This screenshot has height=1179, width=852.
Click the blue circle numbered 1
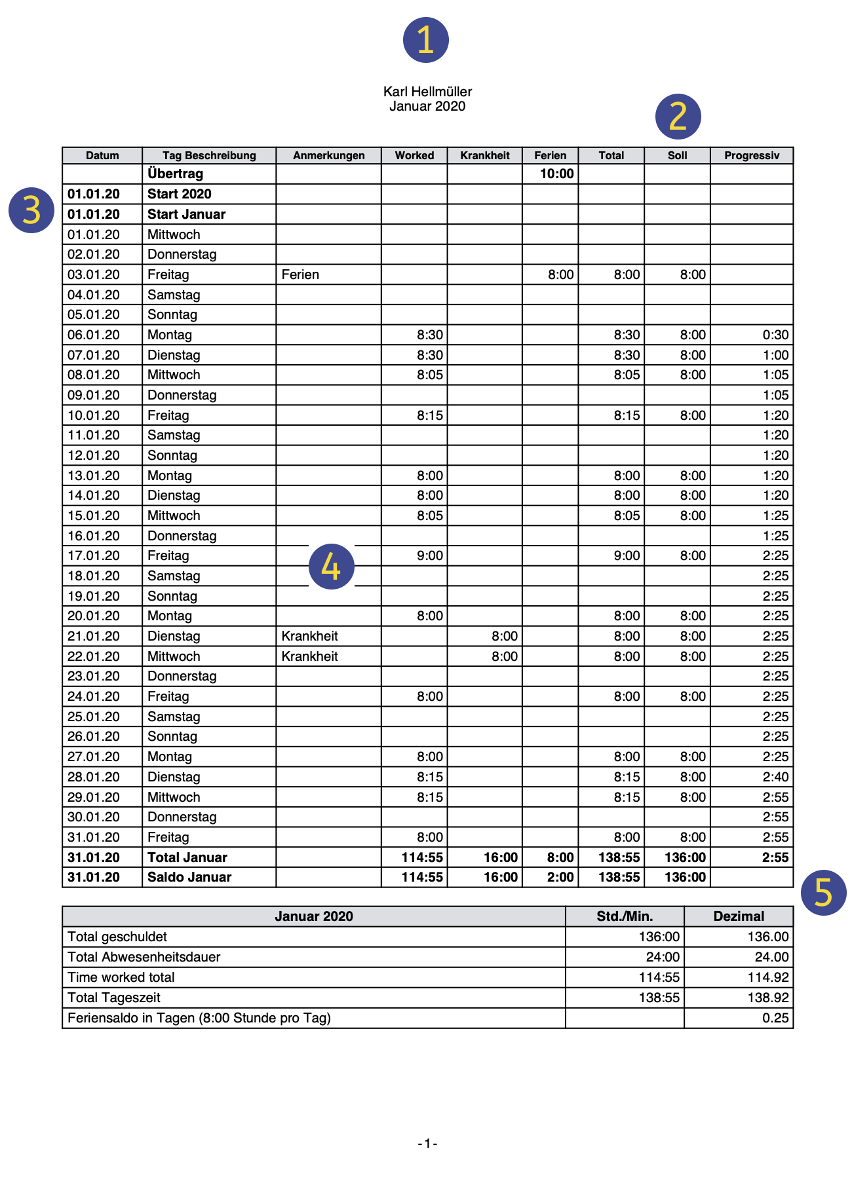(425, 40)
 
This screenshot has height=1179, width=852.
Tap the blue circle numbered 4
(331, 567)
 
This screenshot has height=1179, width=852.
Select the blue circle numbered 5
(823, 892)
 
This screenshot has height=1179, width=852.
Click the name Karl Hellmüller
(427, 92)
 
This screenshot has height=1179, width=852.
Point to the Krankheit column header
(484, 155)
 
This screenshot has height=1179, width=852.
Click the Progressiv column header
(752, 155)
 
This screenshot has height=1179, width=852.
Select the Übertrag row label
(175, 174)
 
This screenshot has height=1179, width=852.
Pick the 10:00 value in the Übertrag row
(556, 174)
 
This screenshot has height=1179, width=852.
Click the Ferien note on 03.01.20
(300, 274)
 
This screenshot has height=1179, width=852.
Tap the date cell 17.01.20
(94, 555)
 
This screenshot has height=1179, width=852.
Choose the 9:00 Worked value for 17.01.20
(429, 555)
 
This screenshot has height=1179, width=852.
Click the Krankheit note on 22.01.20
(309, 656)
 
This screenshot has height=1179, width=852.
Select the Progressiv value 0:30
(775, 335)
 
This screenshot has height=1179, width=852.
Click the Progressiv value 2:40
(775, 777)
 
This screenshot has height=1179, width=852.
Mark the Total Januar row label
(187, 857)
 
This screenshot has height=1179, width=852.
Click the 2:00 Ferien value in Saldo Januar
(560, 877)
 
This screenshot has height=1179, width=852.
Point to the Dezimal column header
(739, 916)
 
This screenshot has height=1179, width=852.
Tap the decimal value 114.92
(767, 977)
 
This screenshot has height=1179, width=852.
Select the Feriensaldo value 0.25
(775, 1018)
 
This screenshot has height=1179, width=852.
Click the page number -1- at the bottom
(427, 1144)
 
